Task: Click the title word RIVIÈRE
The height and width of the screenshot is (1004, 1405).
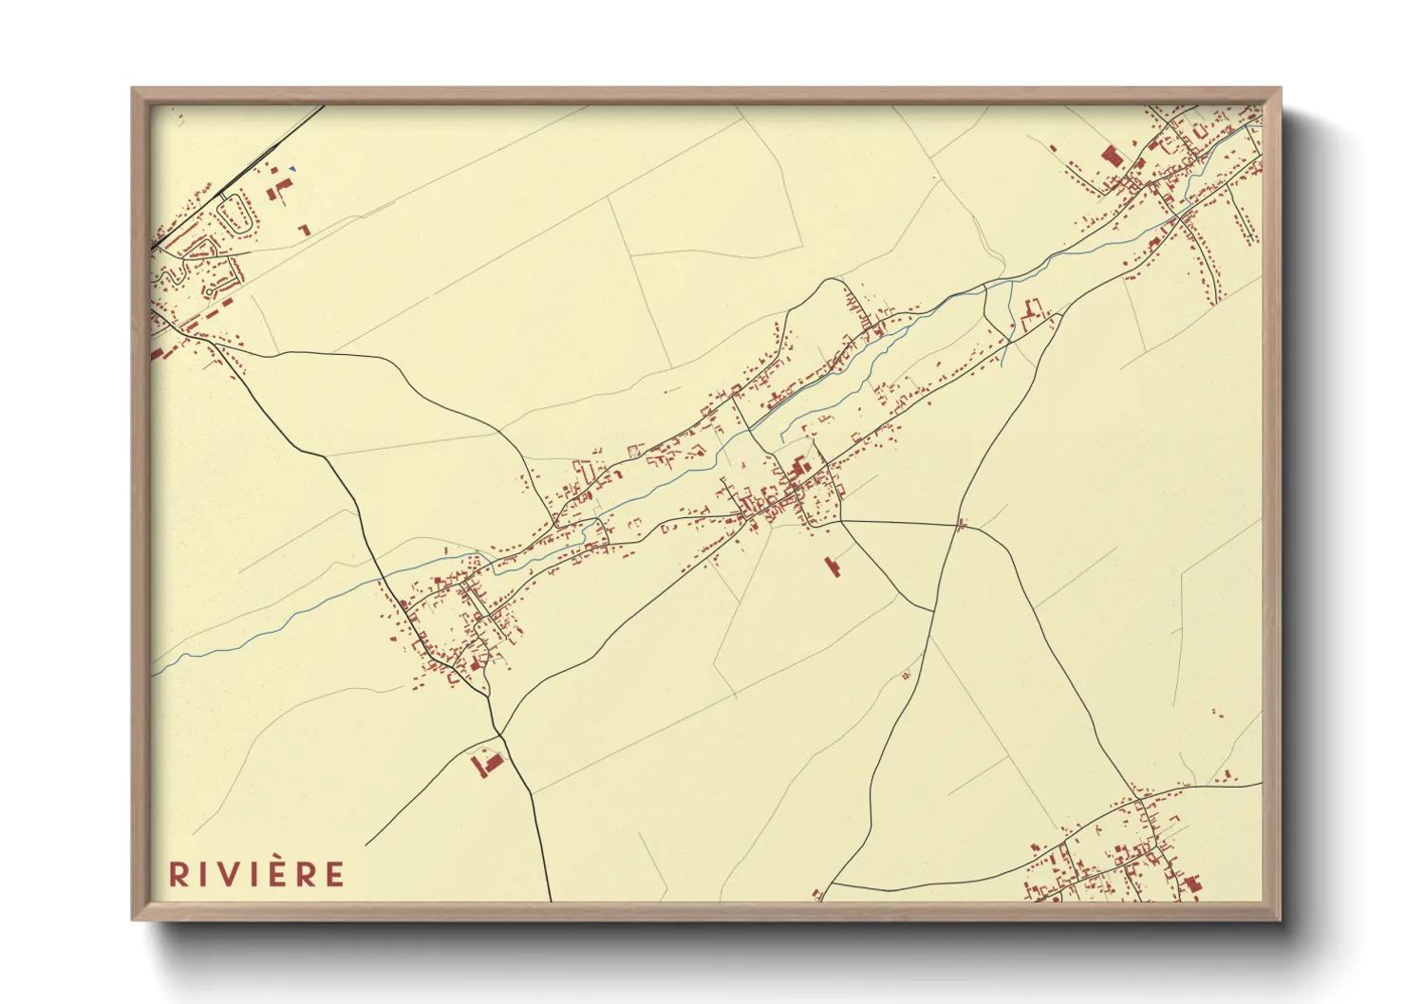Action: [256, 873]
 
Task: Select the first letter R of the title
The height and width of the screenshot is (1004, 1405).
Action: [178, 874]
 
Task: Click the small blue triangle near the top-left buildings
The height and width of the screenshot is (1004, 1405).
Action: [294, 170]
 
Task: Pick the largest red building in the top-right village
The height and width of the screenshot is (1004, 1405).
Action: [1110, 157]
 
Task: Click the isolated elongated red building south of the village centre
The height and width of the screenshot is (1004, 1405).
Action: [833, 567]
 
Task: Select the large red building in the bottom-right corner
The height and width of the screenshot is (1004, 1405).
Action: [1192, 884]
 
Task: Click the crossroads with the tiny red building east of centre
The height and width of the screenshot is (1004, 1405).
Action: [960, 524]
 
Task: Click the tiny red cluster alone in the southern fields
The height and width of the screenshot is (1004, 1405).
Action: [905, 675]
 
